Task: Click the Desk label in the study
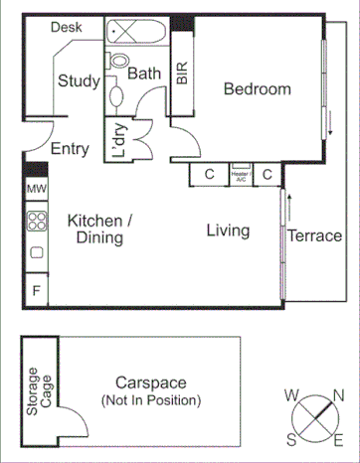point(66,28)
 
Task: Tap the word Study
point(78,81)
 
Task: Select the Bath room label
point(144,74)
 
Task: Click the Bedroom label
point(257,89)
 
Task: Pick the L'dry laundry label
point(118,141)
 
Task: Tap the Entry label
point(69,150)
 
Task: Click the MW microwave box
point(36,189)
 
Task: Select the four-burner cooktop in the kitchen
point(37,221)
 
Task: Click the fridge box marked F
point(36,290)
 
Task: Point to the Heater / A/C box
point(242,174)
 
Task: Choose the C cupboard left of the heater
point(210,175)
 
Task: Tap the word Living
point(228,231)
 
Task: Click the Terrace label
point(314,236)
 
